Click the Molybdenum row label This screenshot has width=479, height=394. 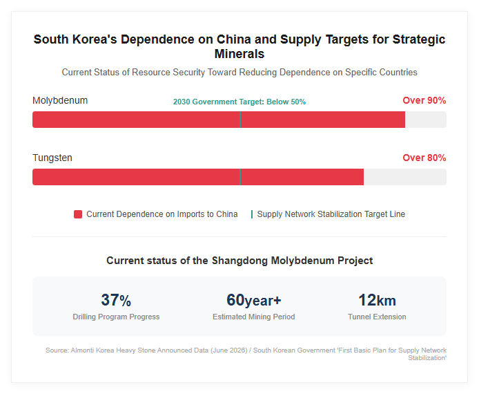pos(60,101)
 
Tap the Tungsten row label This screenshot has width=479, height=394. pos(52,158)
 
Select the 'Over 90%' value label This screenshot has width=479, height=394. pos(424,100)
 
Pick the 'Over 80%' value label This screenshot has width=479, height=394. pos(424,158)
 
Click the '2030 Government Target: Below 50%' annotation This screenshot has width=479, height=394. pos(239,102)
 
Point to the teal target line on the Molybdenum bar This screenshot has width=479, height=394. pos(240,120)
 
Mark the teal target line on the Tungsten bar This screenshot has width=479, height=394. pos(240,177)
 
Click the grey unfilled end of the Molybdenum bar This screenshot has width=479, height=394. pos(426,120)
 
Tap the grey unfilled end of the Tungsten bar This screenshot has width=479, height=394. pos(405,177)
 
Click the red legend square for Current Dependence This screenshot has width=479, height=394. pos(78,214)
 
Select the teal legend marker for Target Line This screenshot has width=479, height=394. pos(252,214)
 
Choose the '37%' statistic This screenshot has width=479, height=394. pos(116,300)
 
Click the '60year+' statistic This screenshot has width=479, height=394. pos(253,300)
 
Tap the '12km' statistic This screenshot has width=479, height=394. pos(377,300)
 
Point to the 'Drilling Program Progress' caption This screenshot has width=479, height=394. pos(116,317)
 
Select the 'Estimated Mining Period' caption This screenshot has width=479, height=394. pos(253,317)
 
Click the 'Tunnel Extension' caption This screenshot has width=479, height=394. pos(377,317)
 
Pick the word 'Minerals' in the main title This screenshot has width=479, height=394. pos(239,54)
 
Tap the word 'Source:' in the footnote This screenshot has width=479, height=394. pos(57,350)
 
